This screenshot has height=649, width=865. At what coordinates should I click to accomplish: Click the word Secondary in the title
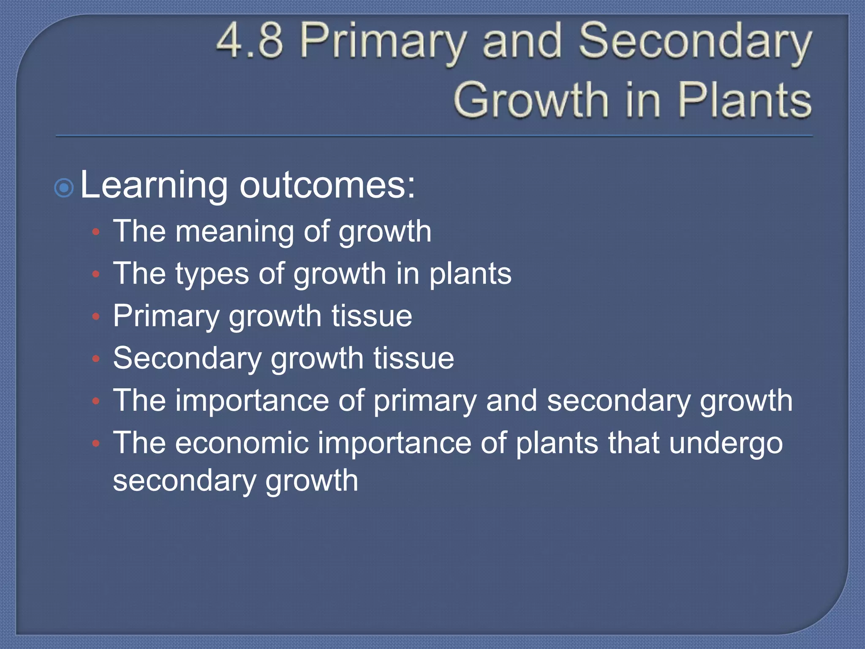pyautogui.click(x=695, y=41)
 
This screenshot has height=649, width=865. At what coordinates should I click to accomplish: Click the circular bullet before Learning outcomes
pyautogui.click(x=64, y=188)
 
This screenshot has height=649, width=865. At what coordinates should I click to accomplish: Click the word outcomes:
pyautogui.click(x=327, y=186)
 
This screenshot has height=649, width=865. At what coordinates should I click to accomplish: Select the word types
pyautogui.click(x=212, y=275)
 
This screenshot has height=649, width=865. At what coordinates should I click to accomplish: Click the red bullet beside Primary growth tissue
pyautogui.click(x=96, y=316)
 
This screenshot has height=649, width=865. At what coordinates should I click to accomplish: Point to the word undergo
pyautogui.click(x=726, y=444)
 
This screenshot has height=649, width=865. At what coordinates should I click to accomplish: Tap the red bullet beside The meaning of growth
pyautogui.click(x=96, y=232)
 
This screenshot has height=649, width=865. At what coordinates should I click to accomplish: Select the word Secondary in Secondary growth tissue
pyautogui.click(x=188, y=358)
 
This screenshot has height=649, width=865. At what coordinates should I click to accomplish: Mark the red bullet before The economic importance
pyautogui.click(x=96, y=443)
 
